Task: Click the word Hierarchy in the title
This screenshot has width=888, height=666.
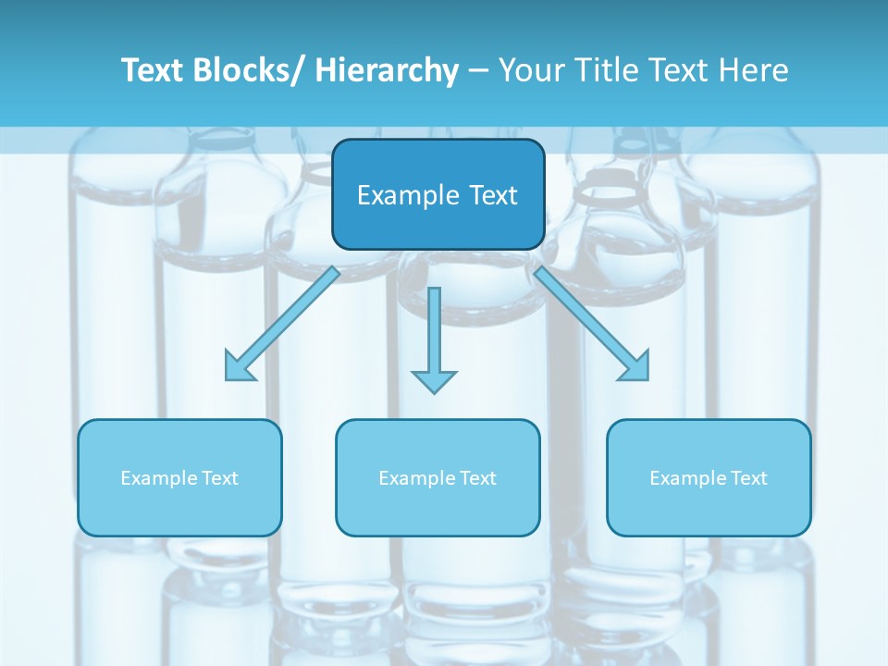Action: tap(387, 70)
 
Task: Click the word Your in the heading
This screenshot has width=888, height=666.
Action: tap(527, 70)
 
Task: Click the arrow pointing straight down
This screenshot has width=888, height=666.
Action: tap(434, 333)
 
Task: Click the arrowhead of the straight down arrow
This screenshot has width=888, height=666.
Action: tap(434, 379)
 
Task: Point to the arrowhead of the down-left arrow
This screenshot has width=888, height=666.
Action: tap(239, 367)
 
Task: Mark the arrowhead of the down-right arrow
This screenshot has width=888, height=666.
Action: tap(636, 367)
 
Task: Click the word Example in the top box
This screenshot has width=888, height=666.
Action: tap(395, 195)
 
